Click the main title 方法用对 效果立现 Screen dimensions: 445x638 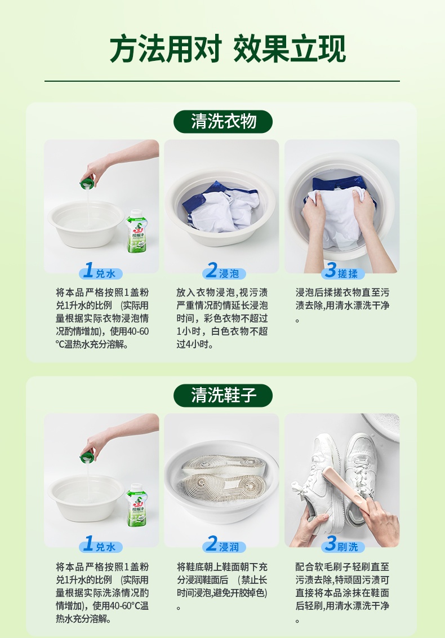pyautogui.click(x=228, y=49)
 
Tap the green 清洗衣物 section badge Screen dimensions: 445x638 pyautogui.click(x=223, y=122)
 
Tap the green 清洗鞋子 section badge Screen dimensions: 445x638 pyautogui.click(x=223, y=396)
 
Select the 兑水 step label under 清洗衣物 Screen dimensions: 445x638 pyautogui.click(x=101, y=272)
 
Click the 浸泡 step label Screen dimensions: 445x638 pyautogui.click(x=224, y=272)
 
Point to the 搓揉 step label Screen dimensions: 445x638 pyautogui.click(x=343, y=272)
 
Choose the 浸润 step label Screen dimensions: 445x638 pyautogui.click(x=224, y=545)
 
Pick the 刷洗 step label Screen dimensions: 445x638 pyautogui.click(x=343, y=545)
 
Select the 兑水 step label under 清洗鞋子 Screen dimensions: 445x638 pyautogui.click(x=101, y=545)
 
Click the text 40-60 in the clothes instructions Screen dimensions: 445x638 pyautogui.click(x=138, y=331)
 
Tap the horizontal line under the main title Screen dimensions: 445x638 pyautogui.click(x=222, y=81)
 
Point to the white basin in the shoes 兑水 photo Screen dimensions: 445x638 pyautogui.click(x=86, y=497)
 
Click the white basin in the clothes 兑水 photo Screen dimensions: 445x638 pyautogui.click(x=86, y=223)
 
